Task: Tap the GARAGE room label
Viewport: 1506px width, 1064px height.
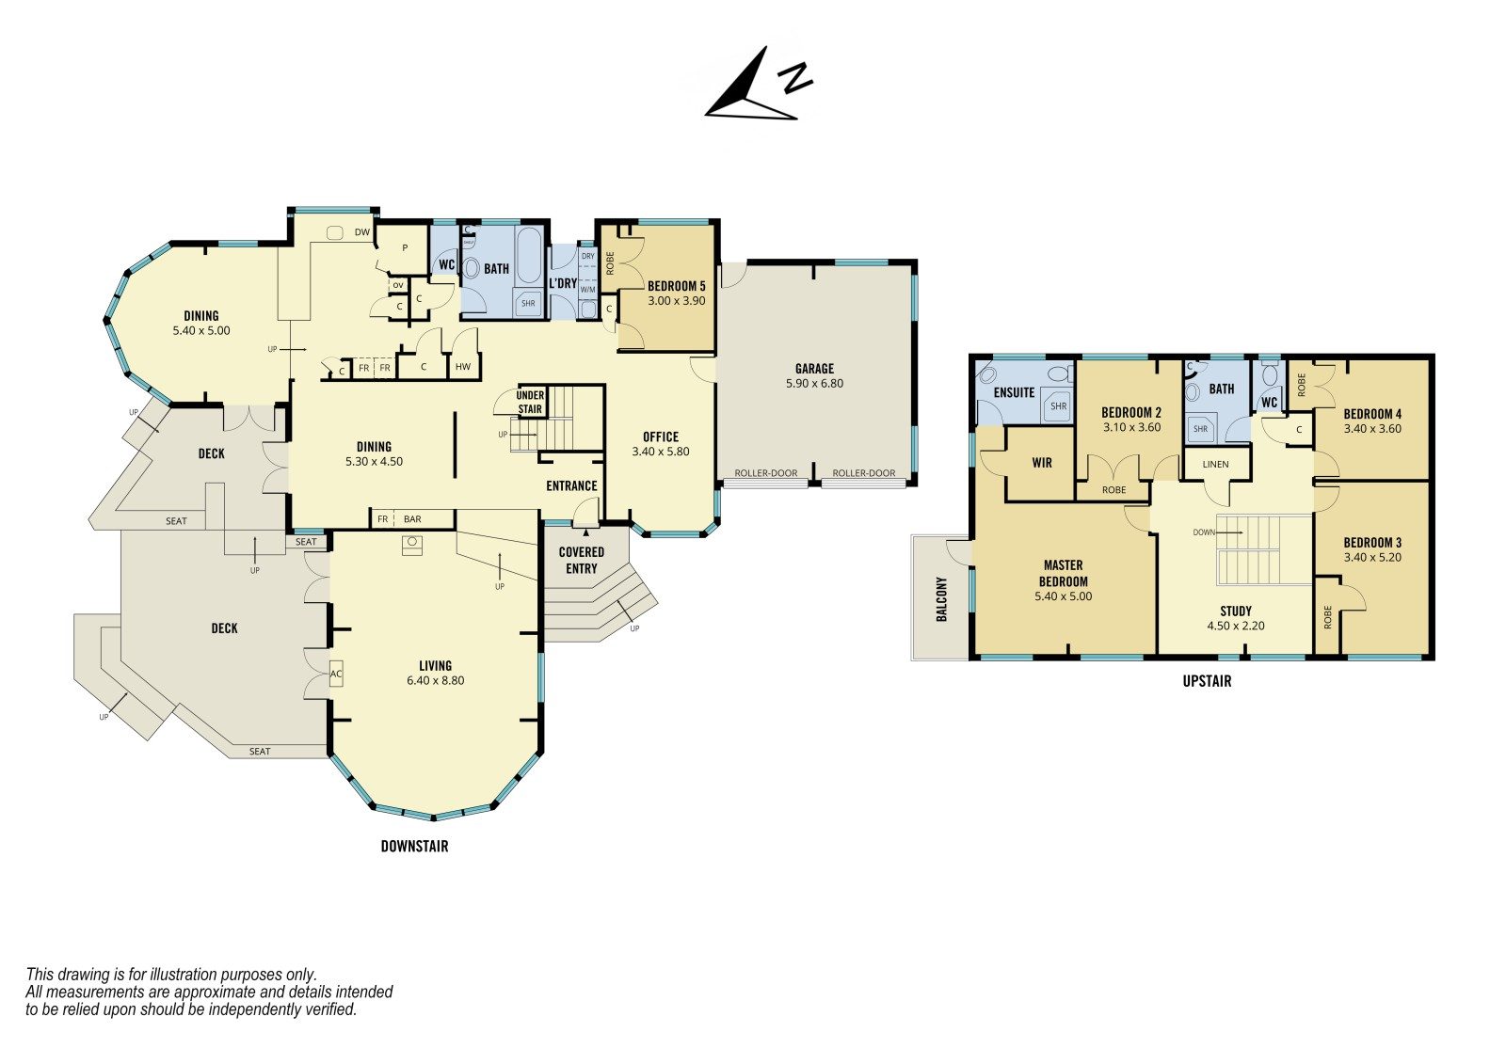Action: coord(814,369)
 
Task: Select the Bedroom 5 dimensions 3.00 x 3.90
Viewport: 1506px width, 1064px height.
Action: coord(677,300)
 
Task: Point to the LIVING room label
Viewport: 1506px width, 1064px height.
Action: coord(435,665)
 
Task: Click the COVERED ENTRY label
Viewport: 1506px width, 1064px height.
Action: coord(582,560)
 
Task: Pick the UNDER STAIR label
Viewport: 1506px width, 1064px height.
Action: coord(530,402)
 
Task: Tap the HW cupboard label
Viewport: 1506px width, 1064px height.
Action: coord(463,367)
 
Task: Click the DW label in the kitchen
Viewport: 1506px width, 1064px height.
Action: coord(362,232)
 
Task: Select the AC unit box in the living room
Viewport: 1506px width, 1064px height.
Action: coord(336,674)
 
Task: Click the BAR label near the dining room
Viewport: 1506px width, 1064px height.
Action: coord(413,519)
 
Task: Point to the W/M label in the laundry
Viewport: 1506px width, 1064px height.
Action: coord(587,290)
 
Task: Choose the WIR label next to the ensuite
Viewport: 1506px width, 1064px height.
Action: coord(1042,463)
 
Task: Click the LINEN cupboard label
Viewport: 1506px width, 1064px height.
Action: coord(1215,464)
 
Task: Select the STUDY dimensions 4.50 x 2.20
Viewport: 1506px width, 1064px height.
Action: coord(1236,625)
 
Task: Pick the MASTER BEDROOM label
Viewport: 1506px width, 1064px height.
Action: coord(1064,573)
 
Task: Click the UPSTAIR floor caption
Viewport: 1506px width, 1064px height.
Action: coord(1208,681)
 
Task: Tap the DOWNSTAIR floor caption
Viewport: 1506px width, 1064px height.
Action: coord(415,847)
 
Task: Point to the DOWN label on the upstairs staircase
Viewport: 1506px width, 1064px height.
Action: coord(1204,532)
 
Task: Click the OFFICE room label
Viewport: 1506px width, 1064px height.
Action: coord(661,437)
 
